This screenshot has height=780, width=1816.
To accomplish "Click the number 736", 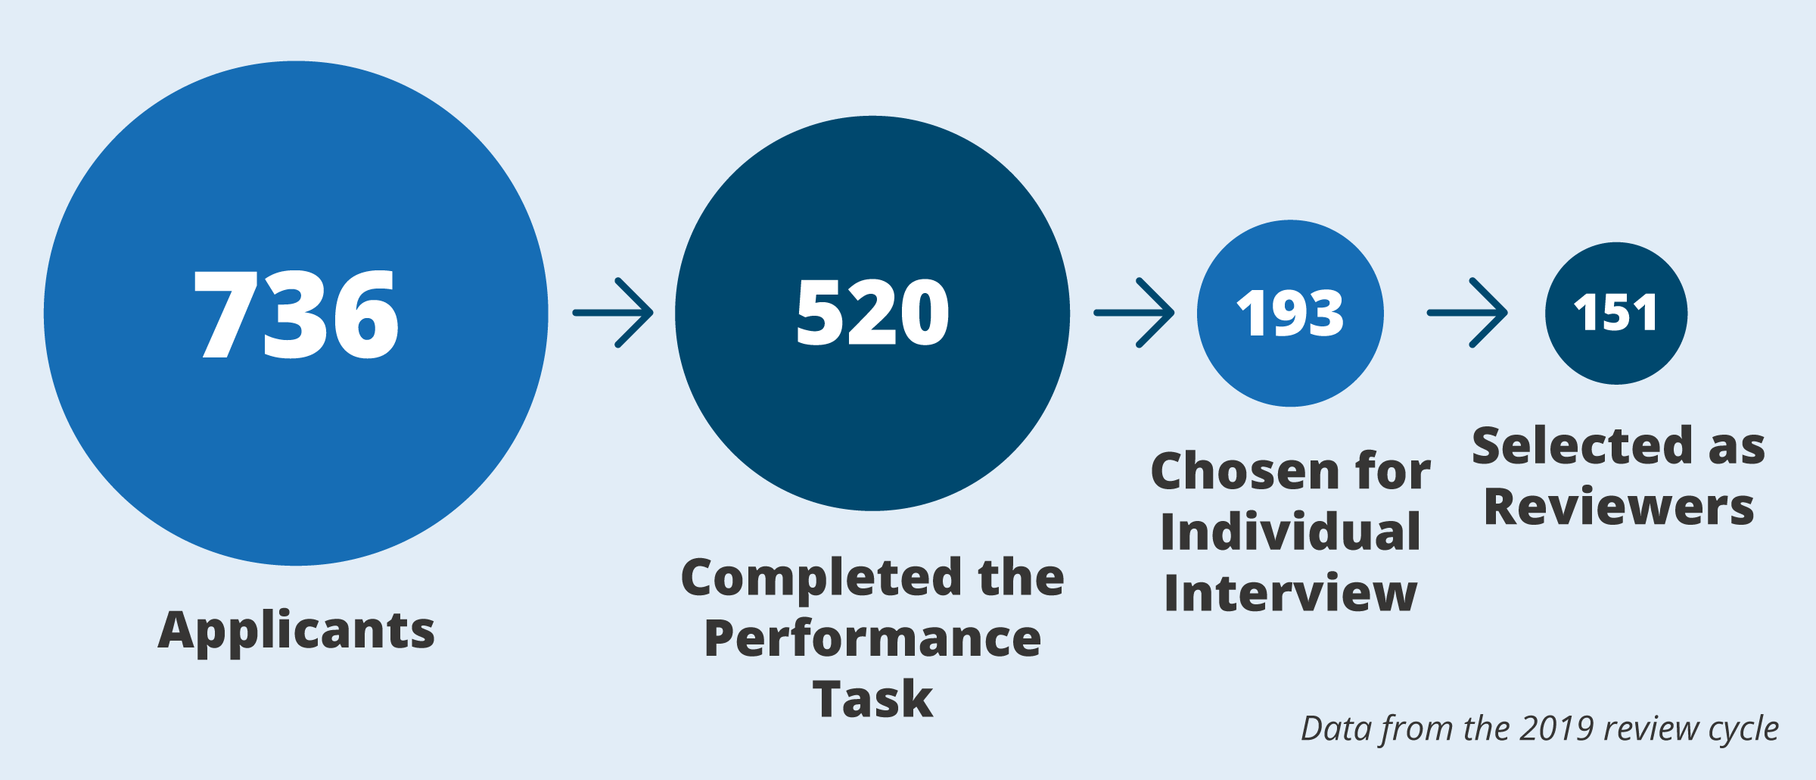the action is pos(296,314).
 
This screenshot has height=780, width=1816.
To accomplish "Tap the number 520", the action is pos(872,312).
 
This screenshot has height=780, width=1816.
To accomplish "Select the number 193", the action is pos(1290,314).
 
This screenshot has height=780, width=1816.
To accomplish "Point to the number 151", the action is pos(1615,313).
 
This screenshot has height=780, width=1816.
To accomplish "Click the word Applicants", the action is pos(297,630).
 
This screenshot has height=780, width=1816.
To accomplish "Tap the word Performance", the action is pos(872,638).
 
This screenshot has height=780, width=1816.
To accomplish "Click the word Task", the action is pos(872,698).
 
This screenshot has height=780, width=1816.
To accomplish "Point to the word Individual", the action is pos(1290,532).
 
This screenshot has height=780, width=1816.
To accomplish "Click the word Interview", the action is pos(1290,592).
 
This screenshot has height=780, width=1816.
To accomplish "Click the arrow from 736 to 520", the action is pos(613,313).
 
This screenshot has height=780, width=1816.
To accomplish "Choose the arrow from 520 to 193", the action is pos(1134,313).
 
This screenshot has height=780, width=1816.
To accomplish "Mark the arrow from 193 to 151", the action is pos(1467,313).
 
